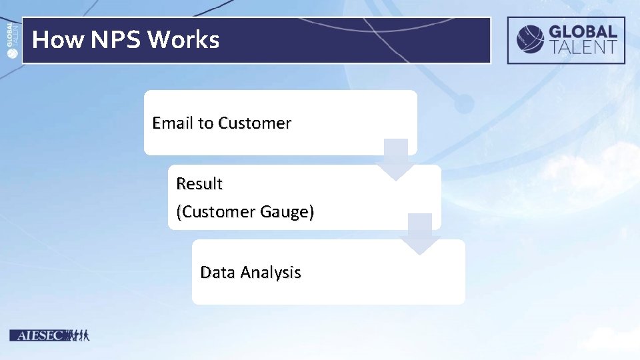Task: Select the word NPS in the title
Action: tap(116, 40)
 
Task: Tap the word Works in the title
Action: tap(183, 40)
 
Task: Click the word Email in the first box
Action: tap(173, 123)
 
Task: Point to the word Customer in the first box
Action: tap(255, 123)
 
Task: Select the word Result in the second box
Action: tap(199, 183)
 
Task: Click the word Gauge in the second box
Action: tap(287, 212)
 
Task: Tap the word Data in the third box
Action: tap(218, 272)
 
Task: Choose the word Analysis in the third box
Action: tap(271, 272)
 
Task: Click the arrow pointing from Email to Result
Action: tap(397, 160)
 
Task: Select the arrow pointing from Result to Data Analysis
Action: tap(420, 235)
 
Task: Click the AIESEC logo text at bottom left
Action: tap(37, 335)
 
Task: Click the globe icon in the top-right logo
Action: tap(531, 39)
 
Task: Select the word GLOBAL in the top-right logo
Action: tap(583, 31)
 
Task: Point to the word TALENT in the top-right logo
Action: tap(583, 47)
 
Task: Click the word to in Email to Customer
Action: tap(205, 123)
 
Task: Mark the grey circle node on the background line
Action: tap(464, 103)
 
